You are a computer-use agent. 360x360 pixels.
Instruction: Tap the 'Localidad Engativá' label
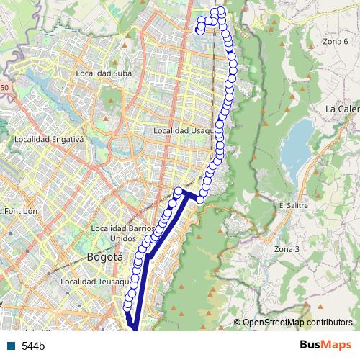tap(49, 139)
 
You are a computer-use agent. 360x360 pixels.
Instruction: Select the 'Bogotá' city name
tap(104, 256)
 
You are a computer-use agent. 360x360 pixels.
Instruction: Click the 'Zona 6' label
tap(336, 42)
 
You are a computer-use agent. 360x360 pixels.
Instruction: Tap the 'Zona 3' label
tap(286, 249)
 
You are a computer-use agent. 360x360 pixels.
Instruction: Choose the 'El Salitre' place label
tap(293, 205)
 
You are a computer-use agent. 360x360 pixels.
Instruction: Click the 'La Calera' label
tap(342, 109)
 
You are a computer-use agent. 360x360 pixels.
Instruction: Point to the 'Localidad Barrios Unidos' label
tap(122, 233)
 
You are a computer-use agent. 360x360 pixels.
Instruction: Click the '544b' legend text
tap(33, 346)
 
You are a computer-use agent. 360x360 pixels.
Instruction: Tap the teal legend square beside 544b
tap(12, 346)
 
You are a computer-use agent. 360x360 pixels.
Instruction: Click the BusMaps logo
tap(325, 345)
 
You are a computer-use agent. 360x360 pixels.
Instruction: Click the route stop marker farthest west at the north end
tap(199, 30)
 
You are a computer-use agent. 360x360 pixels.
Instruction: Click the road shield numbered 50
tap(4, 88)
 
